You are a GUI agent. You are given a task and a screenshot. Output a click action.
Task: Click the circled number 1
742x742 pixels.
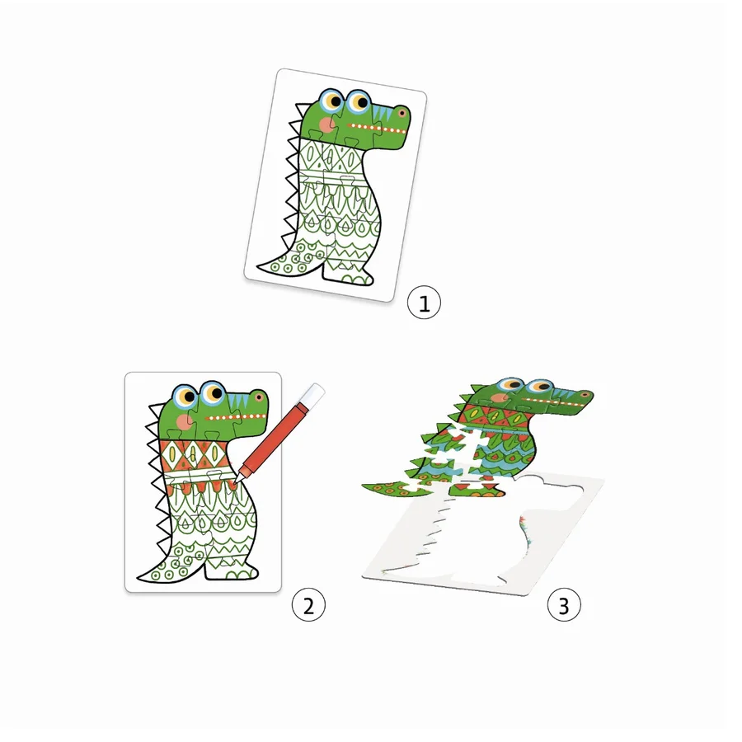(425, 303)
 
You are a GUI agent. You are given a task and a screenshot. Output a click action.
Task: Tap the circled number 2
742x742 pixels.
(308, 606)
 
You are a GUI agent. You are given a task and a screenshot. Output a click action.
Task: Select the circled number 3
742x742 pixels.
(564, 606)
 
